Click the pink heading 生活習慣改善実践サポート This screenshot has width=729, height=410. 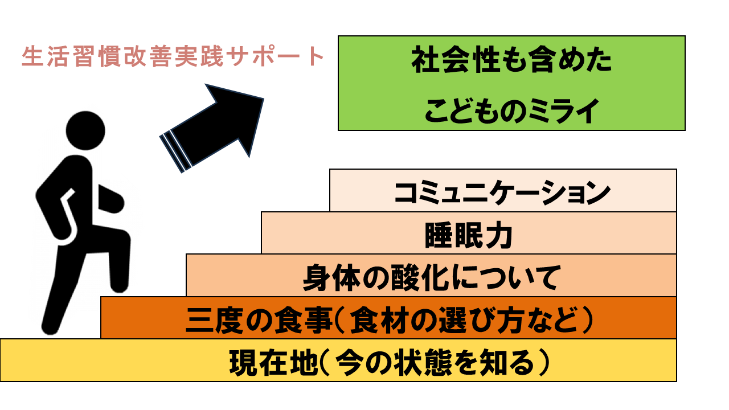[x=173, y=57]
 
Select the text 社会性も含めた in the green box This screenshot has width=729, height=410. [x=511, y=62]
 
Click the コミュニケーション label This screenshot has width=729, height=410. [x=502, y=192]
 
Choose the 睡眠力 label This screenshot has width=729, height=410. [x=469, y=235]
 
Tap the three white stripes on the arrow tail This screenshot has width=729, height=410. [x=173, y=151]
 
